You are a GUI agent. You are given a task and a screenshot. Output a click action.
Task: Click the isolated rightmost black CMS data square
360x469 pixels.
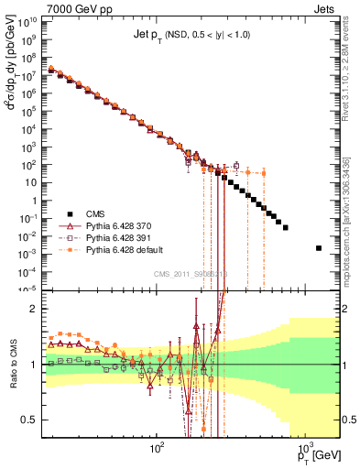coord(319,248)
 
